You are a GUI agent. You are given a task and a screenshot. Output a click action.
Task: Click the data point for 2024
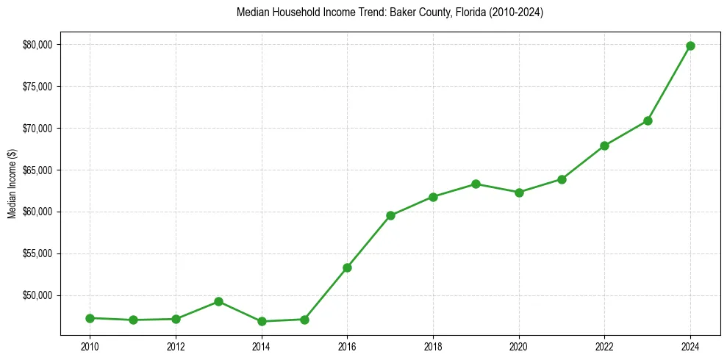point(690,46)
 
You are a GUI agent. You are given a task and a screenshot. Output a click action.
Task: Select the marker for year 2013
point(218,301)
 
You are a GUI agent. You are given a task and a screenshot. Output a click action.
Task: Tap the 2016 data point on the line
point(347,267)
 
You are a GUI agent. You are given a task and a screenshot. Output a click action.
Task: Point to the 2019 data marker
point(476,184)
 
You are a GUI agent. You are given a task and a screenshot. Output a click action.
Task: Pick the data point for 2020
point(519,192)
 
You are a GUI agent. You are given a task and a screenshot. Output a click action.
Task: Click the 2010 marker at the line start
point(90,318)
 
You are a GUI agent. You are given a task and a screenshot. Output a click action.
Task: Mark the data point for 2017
point(390,215)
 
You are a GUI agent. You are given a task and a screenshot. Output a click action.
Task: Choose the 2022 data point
point(604,145)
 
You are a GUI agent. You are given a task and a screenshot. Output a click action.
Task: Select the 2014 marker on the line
point(262,321)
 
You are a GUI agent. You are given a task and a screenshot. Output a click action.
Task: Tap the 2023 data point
point(648,120)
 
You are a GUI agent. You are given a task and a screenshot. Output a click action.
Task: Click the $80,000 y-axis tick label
point(37,45)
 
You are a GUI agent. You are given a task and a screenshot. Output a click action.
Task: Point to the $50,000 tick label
point(37,295)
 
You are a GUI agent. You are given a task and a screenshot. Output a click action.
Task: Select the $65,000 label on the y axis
point(37,170)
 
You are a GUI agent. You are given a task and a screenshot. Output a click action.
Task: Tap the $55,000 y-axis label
point(37,253)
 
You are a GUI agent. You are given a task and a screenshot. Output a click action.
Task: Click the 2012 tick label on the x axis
point(176,346)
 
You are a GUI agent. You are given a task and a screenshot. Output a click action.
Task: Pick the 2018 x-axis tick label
point(433,346)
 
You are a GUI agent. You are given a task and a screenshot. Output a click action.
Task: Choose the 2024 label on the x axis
point(690,346)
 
